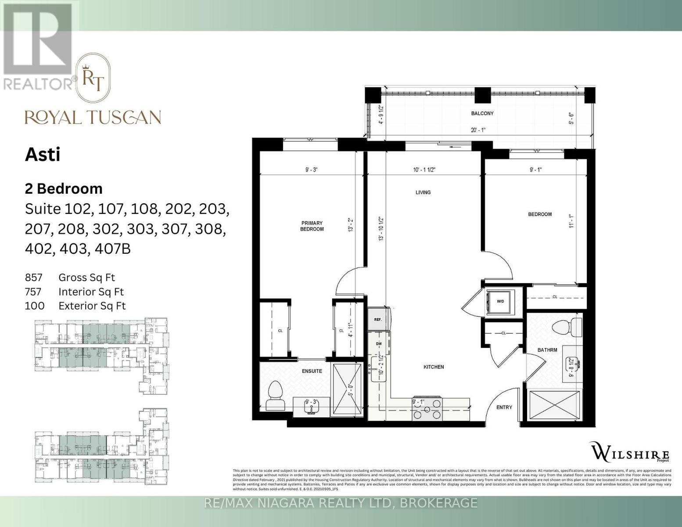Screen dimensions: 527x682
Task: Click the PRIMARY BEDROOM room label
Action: [312, 226]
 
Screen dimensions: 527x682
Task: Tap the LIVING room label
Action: [423, 192]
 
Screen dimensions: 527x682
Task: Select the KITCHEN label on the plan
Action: [433, 367]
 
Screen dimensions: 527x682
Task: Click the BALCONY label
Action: [482, 113]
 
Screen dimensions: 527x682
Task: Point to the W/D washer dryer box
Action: [500, 302]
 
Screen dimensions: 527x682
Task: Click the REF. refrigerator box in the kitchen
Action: [377, 319]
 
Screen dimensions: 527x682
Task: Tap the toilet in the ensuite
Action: [276, 395]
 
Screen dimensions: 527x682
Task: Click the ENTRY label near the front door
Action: [504, 407]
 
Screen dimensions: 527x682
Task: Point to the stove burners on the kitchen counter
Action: [427, 409]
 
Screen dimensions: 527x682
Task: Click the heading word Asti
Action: [42, 155]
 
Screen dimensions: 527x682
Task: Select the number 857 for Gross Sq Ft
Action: [34, 278]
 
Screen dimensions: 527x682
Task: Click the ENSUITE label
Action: [312, 371]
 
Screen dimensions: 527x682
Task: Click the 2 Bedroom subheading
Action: [64, 188]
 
